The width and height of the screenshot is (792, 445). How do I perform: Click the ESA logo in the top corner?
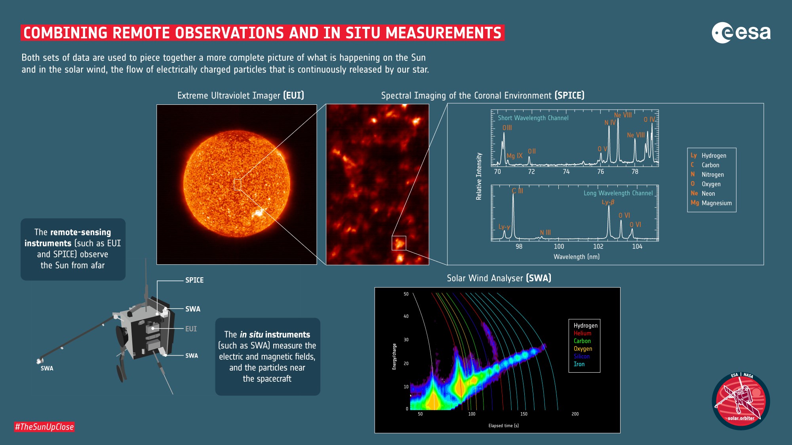coord(741,33)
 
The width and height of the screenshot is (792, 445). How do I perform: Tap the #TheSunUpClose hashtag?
coord(44,427)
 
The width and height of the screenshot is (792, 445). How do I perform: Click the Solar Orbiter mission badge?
coord(741,401)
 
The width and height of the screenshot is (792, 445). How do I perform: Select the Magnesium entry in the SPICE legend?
coord(712,203)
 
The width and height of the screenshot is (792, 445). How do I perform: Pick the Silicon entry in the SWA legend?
coord(581,356)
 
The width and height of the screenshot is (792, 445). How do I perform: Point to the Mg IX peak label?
coord(514,156)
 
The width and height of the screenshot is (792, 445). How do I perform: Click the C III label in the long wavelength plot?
coord(517,191)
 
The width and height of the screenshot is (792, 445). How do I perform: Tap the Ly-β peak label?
coord(608,202)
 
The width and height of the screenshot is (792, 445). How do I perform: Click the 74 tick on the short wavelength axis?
coord(566,172)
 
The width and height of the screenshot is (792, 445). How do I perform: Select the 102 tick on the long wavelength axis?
coord(598,246)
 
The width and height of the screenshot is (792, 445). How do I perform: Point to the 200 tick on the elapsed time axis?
coord(575,414)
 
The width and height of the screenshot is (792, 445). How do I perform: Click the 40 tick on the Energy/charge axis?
coord(406,316)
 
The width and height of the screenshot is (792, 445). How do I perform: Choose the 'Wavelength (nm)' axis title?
coord(576,257)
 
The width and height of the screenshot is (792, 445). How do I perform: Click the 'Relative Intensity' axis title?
coord(479,176)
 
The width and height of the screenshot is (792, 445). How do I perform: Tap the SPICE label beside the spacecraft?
coord(194,280)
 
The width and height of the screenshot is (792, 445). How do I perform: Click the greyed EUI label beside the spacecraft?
coord(191,329)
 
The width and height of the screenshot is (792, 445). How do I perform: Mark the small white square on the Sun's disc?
coord(237,185)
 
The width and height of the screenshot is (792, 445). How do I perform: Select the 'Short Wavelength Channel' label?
coord(533,118)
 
